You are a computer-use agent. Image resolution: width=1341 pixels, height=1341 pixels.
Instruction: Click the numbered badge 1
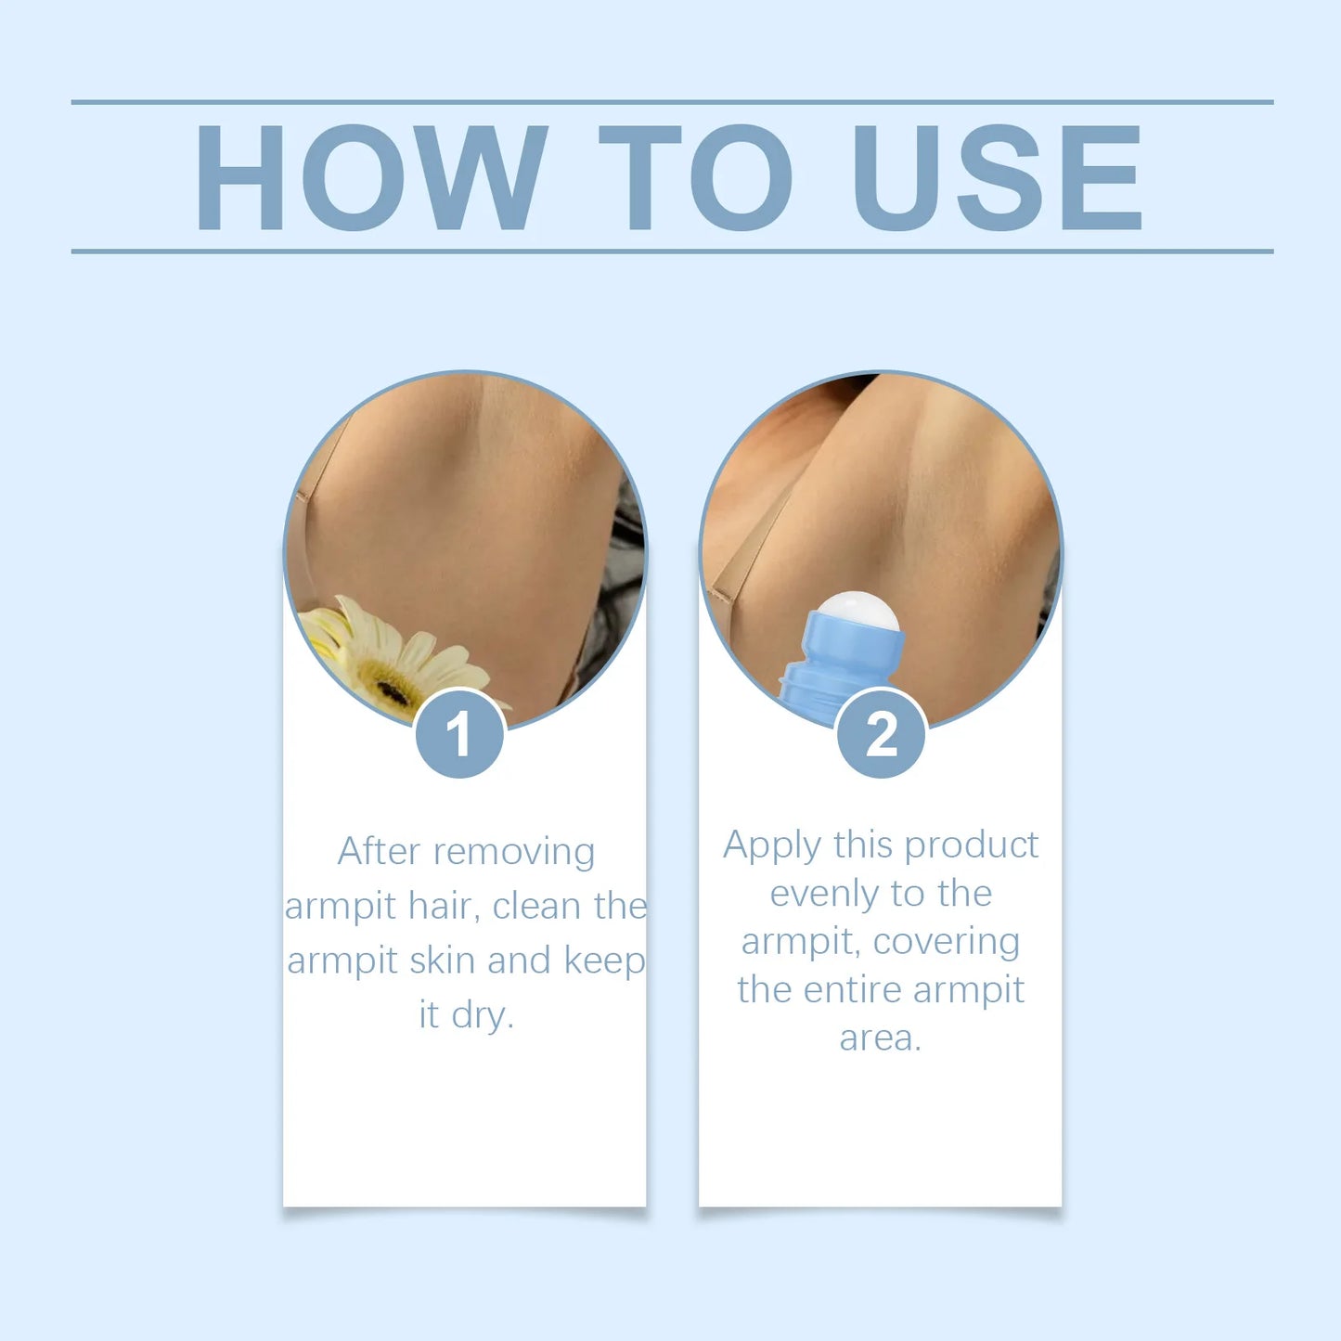[x=459, y=734]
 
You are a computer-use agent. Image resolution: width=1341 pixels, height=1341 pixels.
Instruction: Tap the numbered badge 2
[x=881, y=734]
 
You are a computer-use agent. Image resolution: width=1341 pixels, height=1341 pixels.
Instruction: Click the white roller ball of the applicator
[x=857, y=612]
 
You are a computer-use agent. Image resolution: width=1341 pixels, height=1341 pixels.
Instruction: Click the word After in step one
[x=379, y=851]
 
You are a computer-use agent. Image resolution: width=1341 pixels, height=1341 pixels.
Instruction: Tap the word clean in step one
[x=536, y=906]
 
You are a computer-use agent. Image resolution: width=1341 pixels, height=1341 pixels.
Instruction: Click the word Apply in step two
[x=772, y=846]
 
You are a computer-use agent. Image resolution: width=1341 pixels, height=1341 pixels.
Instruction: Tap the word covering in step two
[x=947, y=942]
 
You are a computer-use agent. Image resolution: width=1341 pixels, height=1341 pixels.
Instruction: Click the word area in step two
[x=878, y=1038]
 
